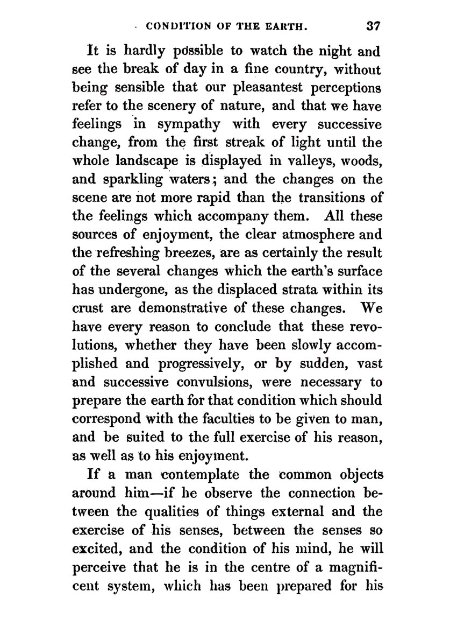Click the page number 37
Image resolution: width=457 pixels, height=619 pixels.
(x=372, y=25)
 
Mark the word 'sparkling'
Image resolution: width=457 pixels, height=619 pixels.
(x=137, y=180)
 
